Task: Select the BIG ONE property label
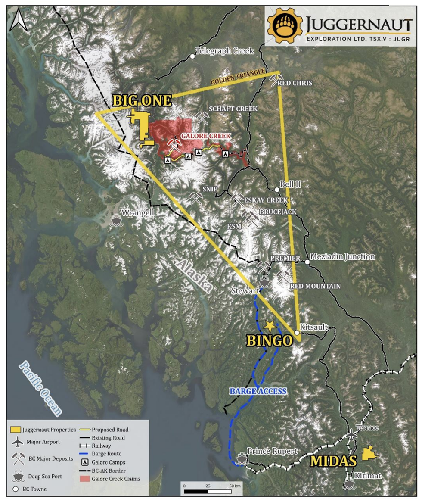coord(142,100)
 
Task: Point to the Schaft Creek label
coord(233,109)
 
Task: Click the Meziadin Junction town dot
coord(307,262)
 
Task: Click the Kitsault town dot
coord(297,333)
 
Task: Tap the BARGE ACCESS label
coord(258,391)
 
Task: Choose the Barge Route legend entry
coord(106,454)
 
